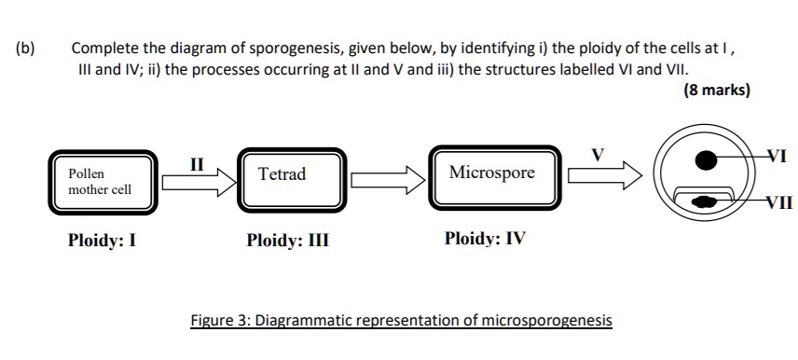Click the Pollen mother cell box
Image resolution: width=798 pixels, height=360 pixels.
[99, 182]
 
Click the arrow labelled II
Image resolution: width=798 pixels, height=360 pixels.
[197, 183]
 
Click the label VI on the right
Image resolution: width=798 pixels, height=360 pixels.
[775, 157]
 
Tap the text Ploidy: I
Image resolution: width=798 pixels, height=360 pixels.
[102, 240]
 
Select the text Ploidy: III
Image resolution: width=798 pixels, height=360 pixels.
[288, 240]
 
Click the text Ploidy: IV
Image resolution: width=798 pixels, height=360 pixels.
[485, 239]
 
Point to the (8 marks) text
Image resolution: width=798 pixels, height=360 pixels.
[716, 91]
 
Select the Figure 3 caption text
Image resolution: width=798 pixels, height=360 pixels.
[401, 321]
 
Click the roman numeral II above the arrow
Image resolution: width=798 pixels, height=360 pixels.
[197, 163]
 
